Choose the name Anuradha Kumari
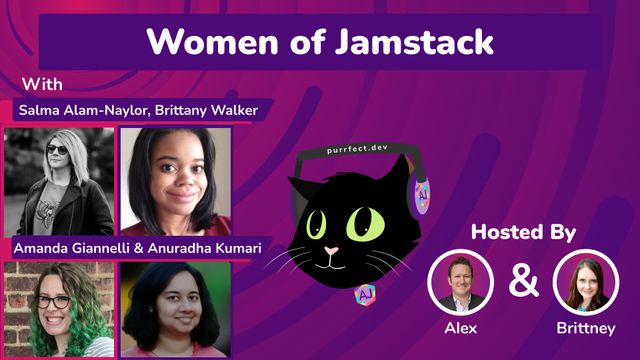(198, 246)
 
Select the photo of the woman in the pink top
(176, 309)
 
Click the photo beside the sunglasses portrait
(176, 180)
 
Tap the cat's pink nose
(330, 250)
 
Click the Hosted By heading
(523, 233)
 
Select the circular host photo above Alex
(460, 282)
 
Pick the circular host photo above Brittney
(586, 282)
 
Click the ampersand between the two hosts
(523, 283)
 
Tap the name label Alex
(460, 327)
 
